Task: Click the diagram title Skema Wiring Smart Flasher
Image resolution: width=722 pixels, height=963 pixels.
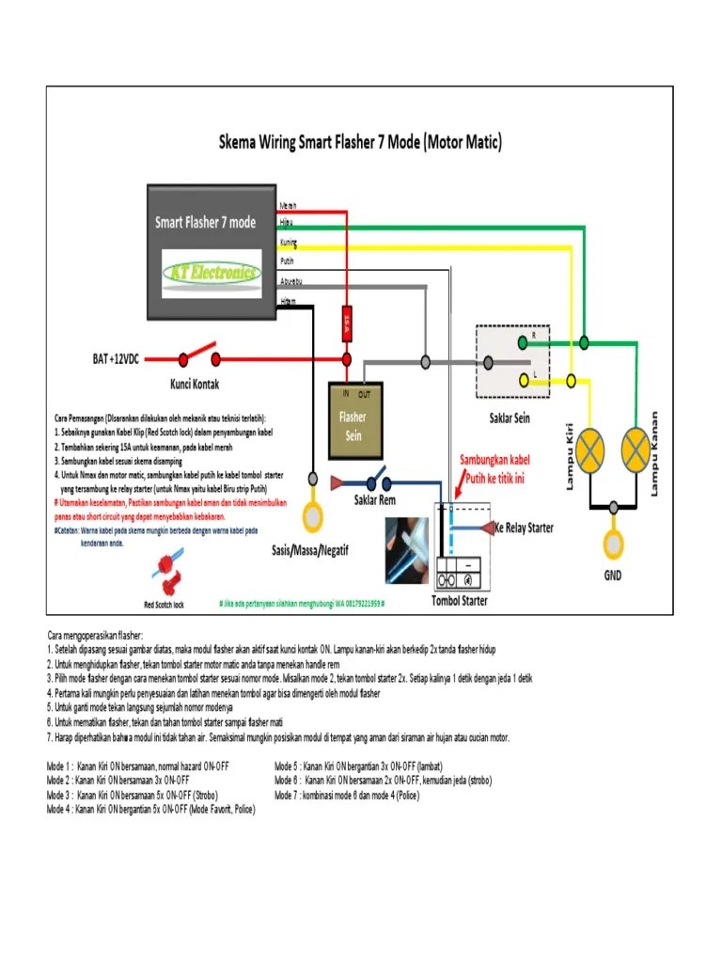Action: point(360,143)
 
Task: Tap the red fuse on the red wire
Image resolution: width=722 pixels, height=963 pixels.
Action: point(346,324)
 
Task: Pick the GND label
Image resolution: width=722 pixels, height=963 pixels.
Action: point(613,575)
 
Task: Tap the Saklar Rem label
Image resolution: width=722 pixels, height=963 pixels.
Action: point(374,499)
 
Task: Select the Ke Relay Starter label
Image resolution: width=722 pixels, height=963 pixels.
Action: point(524,529)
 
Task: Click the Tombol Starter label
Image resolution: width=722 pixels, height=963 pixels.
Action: point(459,600)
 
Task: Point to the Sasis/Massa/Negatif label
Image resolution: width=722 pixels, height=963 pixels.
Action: point(309,550)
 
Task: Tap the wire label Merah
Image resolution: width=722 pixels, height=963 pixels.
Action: point(288,205)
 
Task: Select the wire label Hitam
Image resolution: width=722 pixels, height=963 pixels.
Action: point(288,300)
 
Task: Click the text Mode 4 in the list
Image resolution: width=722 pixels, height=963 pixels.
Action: point(59,808)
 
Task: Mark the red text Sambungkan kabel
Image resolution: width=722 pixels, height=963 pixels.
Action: point(494,461)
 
